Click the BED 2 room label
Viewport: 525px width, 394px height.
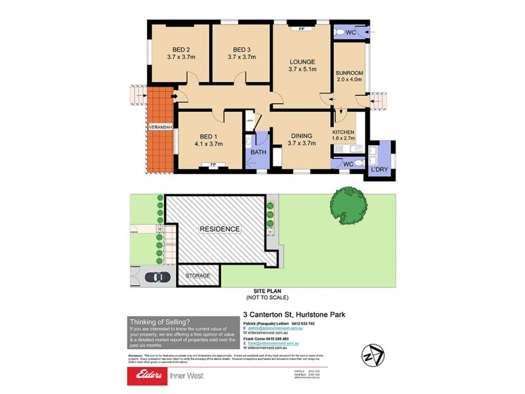pyautogui.click(x=181, y=49)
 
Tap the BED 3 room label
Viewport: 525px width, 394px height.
pyautogui.click(x=241, y=49)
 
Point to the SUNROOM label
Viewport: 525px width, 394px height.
pyautogui.click(x=349, y=73)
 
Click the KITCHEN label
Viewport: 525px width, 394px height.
pyautogui.click(x=345, y=132)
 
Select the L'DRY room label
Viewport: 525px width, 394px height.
pyautogui.click(x=380, y=170)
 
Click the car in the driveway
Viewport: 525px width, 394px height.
pyautogui.click(x=156, y=276)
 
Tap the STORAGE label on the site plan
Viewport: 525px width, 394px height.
pyautogui.click(x=198, y=276)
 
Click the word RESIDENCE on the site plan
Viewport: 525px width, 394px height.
pyautogui.click(x=220, y=229)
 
